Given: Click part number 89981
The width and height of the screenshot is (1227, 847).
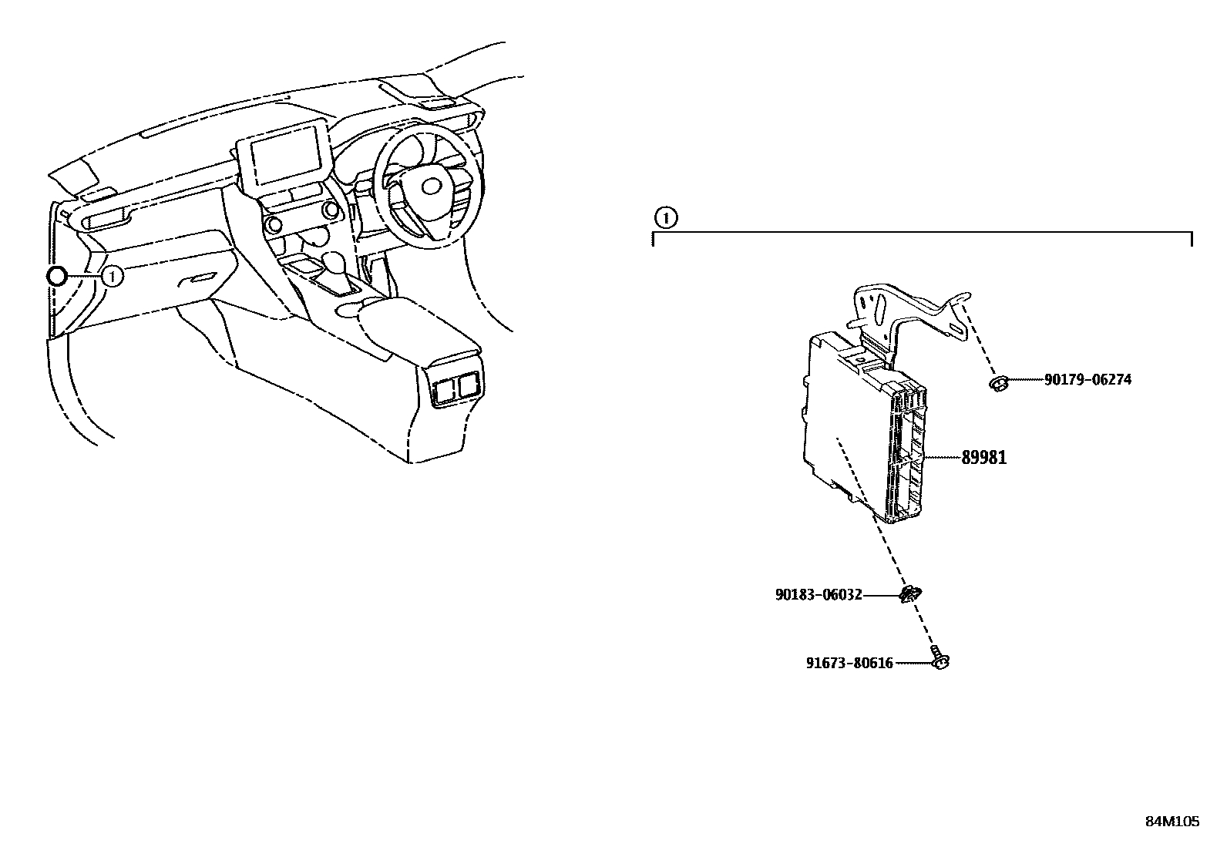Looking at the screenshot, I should pyautogui.click(x=983, y=458).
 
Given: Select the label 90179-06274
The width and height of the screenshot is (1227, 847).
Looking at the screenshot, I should pyautogui.click(x=1087, y=380).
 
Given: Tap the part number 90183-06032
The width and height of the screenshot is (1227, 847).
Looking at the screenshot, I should pyautogui.click(x=818, y=595).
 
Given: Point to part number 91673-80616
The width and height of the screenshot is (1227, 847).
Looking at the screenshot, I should pyautogui.click(x=849, y=663).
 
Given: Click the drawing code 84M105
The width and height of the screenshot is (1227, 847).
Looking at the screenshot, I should pyautogui.click(x=1172, y=822).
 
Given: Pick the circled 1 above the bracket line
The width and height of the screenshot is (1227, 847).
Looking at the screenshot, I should pyautogui.click(x=665, y=218).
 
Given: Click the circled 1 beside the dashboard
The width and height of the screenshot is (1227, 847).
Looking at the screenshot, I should pyautogui.click(x=113, y=276).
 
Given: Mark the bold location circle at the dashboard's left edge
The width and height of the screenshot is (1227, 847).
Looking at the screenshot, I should pyautogui.click(x=57, y=277).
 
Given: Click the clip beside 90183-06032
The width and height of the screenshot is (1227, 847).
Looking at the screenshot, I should pyautogui.click(x=910, y=594).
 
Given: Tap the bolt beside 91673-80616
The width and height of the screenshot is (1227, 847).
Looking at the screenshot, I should pyautogui.click(x=940, y=661).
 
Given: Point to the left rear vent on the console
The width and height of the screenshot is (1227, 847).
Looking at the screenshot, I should pyautogui.click(x=444, y=389).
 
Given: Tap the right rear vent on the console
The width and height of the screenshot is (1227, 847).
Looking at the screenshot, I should pyautogui.click(x=467, y=386).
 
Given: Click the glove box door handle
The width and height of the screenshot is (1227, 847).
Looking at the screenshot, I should pyautogui.click(x=202, y=278).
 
